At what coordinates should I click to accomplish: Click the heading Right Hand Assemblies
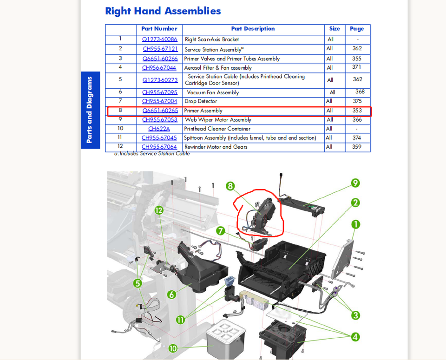tap(163, 11)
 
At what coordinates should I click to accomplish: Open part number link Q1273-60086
tap(160, 39)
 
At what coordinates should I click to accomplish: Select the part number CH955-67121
tap(160, 49)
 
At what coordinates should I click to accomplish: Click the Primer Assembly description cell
tap(203, 111)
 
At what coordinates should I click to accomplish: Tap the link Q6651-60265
tap(160, 111)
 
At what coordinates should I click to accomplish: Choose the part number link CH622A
tap(159, 129)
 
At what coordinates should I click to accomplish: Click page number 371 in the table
tap(356, 67)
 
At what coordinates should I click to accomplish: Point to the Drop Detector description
tap(201, 101)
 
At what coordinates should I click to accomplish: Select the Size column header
tap(334, 29)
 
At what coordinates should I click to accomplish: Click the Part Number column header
tap(159, 29)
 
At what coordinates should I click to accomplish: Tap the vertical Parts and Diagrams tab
tap(90, 110)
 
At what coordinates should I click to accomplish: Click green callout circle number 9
tap(355, 183)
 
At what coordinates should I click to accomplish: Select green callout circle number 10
tap(172, 348)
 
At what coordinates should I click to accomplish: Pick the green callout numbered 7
tap(221, 230)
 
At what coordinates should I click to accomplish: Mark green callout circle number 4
tap(355, 337)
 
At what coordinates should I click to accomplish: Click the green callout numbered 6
tap(171, 295)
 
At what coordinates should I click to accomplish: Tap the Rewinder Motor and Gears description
tap(216, 147)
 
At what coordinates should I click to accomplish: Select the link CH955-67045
tap(159, 138)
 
